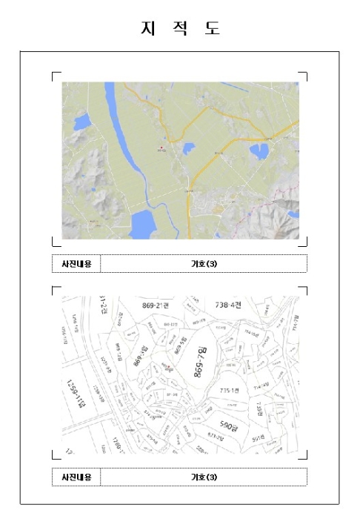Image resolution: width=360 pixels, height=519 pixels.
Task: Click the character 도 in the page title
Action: [x=213, y=28]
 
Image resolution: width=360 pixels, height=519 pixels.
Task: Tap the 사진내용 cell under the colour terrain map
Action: [x=76, y=263]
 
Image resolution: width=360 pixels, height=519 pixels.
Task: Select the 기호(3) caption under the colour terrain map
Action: [x=204, y=263]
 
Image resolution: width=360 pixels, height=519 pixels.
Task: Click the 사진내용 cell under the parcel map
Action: [x=76, y=477]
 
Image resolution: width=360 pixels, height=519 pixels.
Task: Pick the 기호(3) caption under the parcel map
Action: [x=204, y=477]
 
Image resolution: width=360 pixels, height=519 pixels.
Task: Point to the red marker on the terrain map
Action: [x=161, y=148]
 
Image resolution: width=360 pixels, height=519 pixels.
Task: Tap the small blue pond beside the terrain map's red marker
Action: [x=188, y=148]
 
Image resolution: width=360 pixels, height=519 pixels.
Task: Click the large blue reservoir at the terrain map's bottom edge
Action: [x=146, y=224]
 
